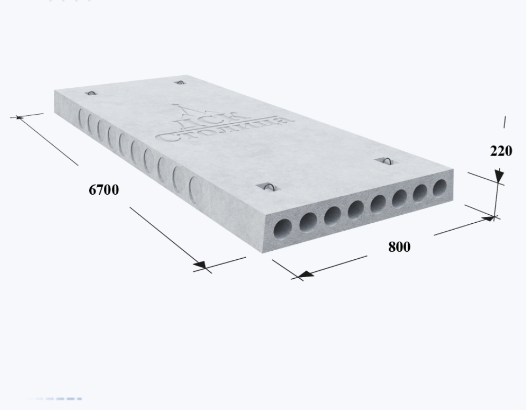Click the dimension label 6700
[104, 190]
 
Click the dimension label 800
[399, 247]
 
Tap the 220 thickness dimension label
[501, 151]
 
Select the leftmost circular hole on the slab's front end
[282, 229]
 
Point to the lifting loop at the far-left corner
[91, 93]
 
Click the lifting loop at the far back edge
[180, 82]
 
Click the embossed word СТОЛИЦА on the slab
[225, 129]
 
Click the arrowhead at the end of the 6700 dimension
[201, 265]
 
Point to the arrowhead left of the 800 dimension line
[306, 274]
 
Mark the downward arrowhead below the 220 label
[499, 175]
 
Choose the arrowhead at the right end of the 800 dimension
[489, 219]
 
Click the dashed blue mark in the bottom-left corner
[54, 399]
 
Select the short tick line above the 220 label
[504, 122]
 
